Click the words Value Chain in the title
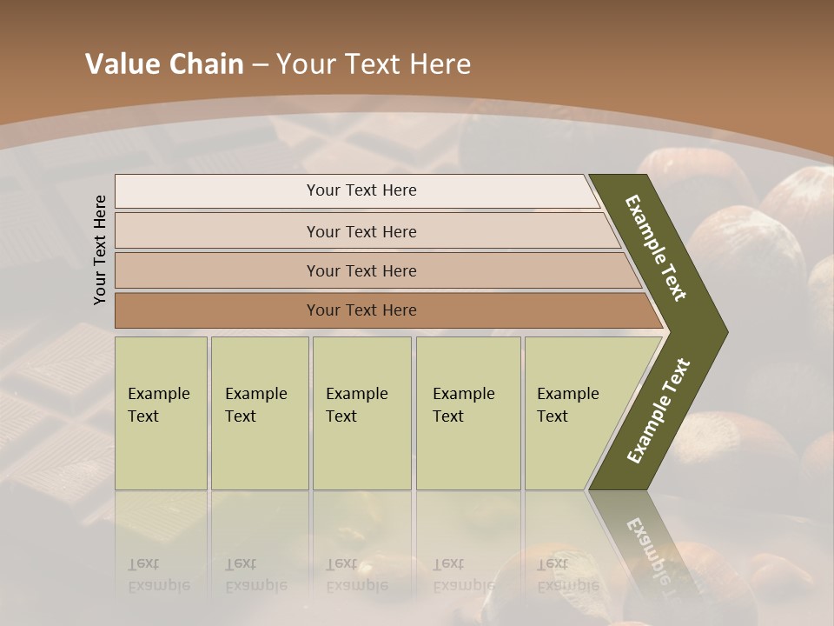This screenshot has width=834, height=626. pyautogui.click(x=164, y=64)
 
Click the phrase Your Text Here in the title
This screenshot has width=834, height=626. pyautogui.click(x=374, y=64)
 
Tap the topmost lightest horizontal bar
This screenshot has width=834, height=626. pyautogui.click(x=217, y=190)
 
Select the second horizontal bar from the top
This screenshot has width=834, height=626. pyautogui.click(x=217, y=231)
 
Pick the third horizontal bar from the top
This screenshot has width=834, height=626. pyautogui.click(x=217, y=270)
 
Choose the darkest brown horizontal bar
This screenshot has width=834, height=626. pyautogui.click(x=217, y=310)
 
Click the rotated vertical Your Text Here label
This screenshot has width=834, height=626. pyautogui.click(x=101, y=250)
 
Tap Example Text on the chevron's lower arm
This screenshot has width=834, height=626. pyautogui.click(x=658, y=411)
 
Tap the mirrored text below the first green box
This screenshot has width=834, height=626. pyautogui.click(x=158, y=575)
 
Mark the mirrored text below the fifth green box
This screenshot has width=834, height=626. pyautogui.click(x=567, y=575)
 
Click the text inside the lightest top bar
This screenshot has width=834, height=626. pyautogui.click(x=361, y=190)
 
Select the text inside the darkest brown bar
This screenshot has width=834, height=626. pyautogui.click(x=361, y=310)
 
